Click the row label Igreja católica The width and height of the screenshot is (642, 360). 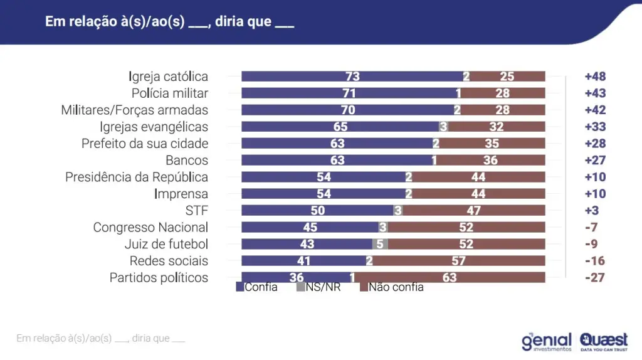168,77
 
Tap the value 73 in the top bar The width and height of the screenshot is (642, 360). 352,77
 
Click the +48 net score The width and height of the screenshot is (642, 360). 595,77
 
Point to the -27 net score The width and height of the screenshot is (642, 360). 595,277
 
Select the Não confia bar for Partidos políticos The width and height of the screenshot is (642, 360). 450,277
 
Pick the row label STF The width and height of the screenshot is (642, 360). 196,210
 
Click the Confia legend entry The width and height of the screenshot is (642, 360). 256,287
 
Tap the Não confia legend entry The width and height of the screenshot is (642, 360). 392,287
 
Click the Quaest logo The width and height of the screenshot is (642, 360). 603,341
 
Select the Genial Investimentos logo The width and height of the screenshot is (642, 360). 547,341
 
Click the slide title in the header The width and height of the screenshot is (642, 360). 169,21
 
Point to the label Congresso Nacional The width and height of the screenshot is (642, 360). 150,227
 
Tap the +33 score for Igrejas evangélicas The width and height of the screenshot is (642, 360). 595,127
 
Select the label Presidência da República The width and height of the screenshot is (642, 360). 137,177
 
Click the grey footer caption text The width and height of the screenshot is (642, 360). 101,339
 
